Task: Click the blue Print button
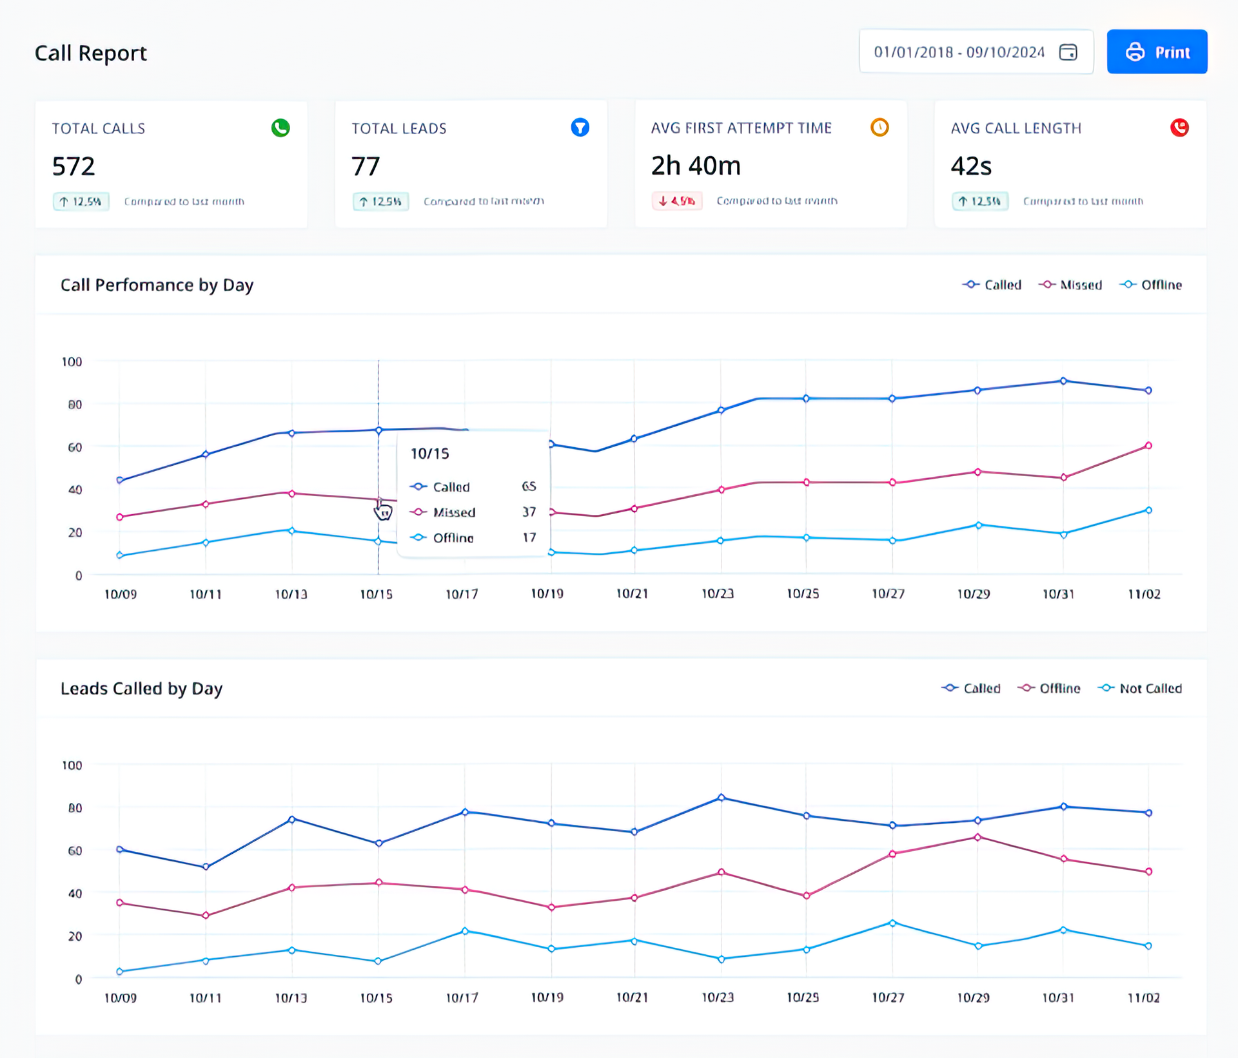pyautogui.click(x=1157, y=52)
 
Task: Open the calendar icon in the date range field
pyautogui.click(x=1068, y=52)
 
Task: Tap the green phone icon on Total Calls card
pyautogui.click(x=280, y=128)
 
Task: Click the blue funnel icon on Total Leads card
pyautogui.click(x=580, y=128)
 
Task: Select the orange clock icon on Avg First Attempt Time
pyautogui.click(x=879, y=128)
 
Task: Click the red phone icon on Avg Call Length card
pyautogui.click(x=1179, y=128)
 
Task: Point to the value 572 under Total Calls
pyautogui.click(x=74, y=166)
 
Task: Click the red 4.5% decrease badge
pyautogui.click(x=676, y=201)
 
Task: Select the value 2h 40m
pyautogui.click(x=696, y=166)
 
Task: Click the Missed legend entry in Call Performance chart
pyautogui.click(x=1070, y=285)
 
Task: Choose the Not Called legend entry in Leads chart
pyautogui.click(x=1140, y=688)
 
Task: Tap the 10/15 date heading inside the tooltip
pyautogui.click(x=429, y=454)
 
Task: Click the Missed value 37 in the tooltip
pyautogui.click(x=529, y=512)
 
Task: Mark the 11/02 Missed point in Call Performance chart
pyautogui.click(x=1148, y=446)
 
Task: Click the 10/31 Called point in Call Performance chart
pyautogui.click(x=1063, y=381)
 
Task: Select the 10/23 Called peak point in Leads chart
pyautogui.click(x=721, y=798)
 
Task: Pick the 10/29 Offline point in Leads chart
pyautogui.click(x=978, y=837)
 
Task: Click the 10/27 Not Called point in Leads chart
pyautogui.click(x=892, y=923)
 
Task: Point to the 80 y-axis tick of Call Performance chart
pyautogui.click(x=75, y=405)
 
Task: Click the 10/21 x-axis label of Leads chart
pyautogui.click(x=632, y=997)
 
